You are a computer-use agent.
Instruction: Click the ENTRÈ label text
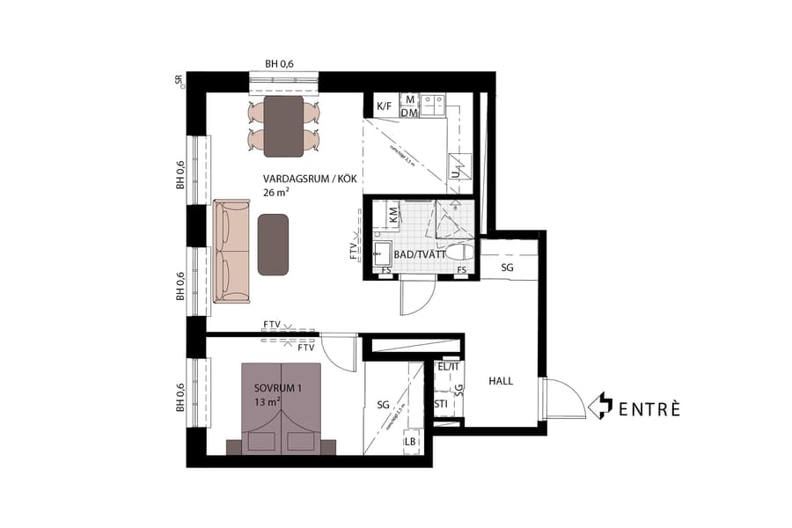[649, 408]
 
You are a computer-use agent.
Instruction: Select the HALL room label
[501, 381]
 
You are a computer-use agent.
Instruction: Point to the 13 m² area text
[267, 402]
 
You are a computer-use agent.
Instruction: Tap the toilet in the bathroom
[458, 253]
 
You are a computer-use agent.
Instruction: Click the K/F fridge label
[385, 107]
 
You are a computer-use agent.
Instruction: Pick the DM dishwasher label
[409, 113]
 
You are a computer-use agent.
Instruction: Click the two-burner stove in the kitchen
[431, 106]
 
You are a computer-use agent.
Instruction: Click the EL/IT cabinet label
[448, 367]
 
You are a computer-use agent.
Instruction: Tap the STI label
[442, 405]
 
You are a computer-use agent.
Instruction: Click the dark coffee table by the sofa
[274, 244]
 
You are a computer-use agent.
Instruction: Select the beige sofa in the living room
[231, 251]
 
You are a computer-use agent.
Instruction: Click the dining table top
[284, 126]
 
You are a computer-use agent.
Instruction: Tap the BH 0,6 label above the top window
[280, 63]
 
